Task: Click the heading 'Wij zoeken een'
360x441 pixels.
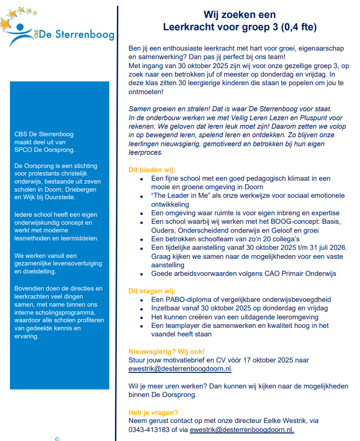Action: click(x=239, y=15)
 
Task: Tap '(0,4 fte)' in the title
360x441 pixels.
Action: click(x=298, y=27)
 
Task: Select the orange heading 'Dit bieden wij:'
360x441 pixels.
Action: click(x=151, y=170)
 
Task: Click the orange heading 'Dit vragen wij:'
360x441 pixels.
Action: click(x=152, y=291)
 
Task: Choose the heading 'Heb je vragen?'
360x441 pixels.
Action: click(x=153, y=412)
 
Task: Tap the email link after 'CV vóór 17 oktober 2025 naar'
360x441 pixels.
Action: click(x=180, y=369)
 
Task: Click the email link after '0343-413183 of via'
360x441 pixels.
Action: click(x=242, y=430)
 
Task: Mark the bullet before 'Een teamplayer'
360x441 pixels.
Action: click(x=142, y=326)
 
